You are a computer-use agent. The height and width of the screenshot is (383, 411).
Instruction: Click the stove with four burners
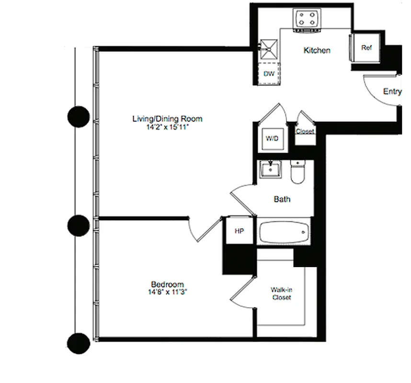point(307,19)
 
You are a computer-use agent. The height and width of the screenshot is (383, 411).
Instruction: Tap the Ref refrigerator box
point(366,48)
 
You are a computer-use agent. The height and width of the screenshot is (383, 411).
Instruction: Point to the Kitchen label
point(317,50)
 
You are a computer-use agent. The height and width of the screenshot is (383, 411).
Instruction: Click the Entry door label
point(392,91)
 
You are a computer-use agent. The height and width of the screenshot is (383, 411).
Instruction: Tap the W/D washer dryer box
point(272,138)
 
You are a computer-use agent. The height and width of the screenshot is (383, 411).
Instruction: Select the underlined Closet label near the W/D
point(305,131)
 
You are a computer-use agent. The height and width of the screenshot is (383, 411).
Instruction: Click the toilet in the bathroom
point(297,172)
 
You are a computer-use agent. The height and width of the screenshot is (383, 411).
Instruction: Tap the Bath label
point(282,199)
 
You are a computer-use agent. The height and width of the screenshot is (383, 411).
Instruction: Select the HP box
point(240,231)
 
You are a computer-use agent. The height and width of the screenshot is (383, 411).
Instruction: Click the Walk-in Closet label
point(281,293)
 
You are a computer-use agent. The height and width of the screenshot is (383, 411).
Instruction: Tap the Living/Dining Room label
point(167,119)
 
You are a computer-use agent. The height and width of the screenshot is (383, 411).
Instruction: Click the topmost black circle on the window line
point(78,116)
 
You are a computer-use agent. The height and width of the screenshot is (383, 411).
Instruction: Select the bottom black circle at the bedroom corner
point(78,343)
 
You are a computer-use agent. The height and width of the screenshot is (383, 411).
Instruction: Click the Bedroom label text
point(167,284)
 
